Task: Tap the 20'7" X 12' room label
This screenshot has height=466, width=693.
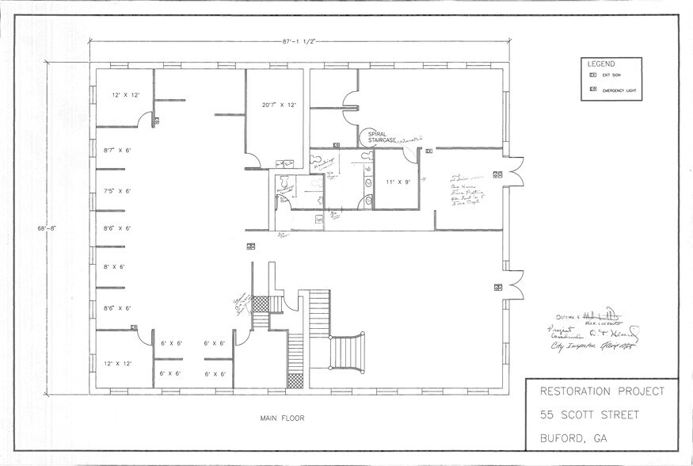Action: pos(279,105)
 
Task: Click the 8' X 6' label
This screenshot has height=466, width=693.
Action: pos(115,267)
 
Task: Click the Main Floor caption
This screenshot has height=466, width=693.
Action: pos(281,418)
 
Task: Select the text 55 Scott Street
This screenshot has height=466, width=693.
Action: pos(591,414)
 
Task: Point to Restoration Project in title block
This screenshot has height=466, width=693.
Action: pos(601,392)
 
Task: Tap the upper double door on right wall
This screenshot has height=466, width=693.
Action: pos(514,172)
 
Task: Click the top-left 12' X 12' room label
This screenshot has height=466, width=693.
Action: pos(126,95)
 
